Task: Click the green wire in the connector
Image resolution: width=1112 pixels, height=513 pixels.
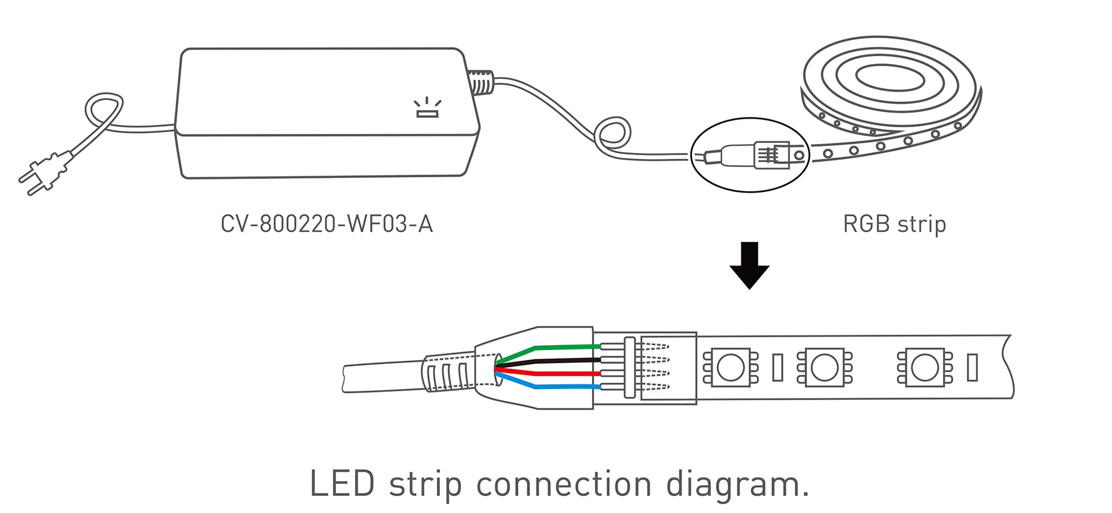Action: tap(562, 348)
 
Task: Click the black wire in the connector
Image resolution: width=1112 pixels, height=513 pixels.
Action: tap(562, 361)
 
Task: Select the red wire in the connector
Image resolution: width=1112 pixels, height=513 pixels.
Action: tap(562, 373)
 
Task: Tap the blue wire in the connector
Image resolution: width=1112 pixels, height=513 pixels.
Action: tap(562, 386)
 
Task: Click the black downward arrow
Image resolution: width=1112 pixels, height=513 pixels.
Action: tap(749, 265)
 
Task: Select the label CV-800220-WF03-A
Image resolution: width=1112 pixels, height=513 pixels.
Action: tap(326, 224)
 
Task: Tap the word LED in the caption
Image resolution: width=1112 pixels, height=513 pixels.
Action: tap(341, 484)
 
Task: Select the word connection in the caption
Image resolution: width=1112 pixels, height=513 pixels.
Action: tap(564, 484)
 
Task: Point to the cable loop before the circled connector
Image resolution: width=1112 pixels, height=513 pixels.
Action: tap(612, 135)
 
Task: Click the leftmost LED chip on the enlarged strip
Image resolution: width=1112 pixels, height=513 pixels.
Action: tap(730, 367)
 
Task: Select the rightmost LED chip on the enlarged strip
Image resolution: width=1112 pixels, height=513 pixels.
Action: tap(925, 367)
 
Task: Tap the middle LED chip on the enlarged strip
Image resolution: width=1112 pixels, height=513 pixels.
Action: tap(824, 367)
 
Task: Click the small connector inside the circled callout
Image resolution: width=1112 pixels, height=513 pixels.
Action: tap(771, 155)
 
